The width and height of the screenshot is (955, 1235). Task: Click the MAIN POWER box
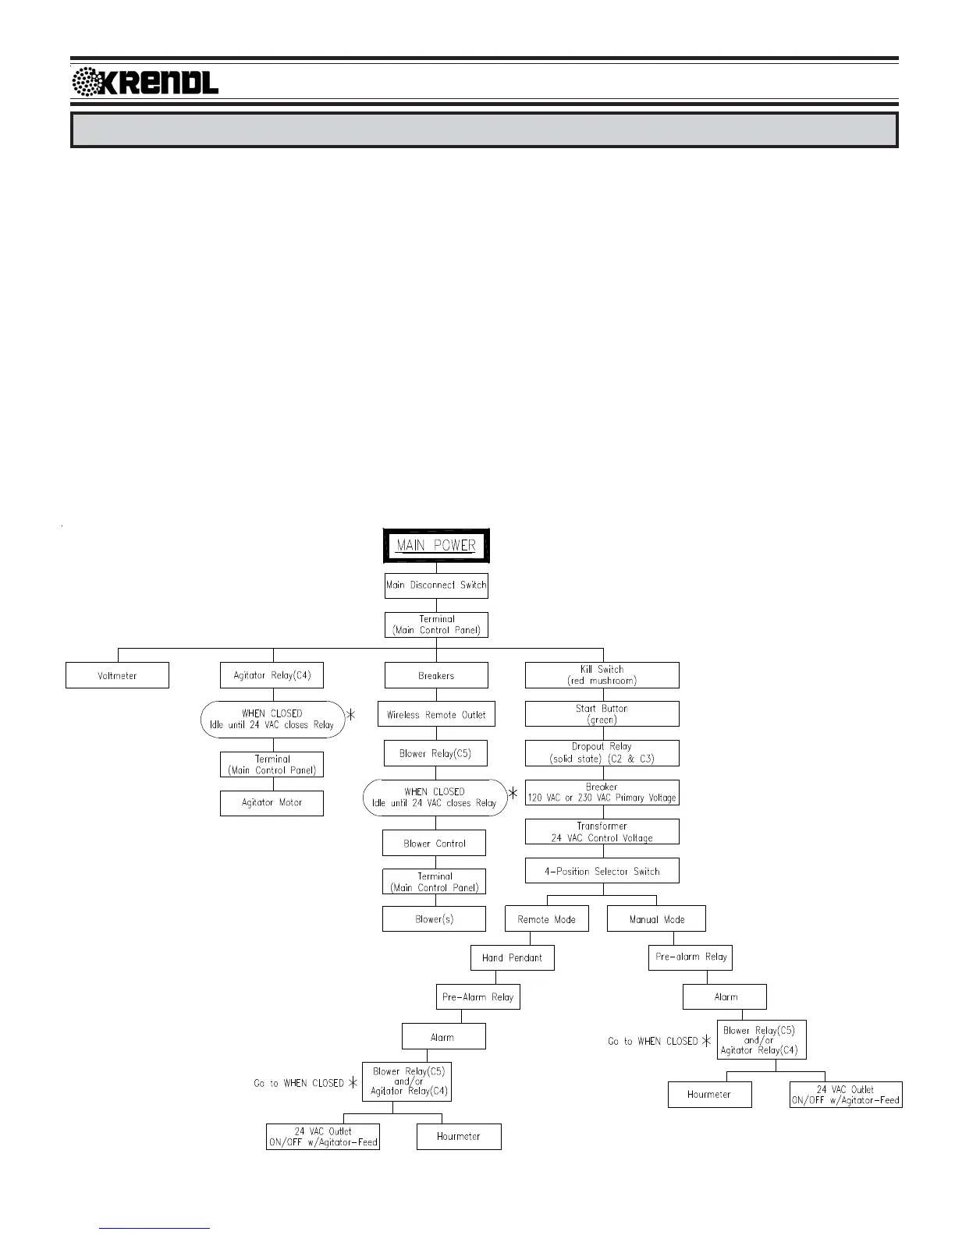click(x=435, y=546)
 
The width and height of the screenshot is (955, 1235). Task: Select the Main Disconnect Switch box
click(x=436, y=585)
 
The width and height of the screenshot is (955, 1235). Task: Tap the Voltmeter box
click(x=117, y=675)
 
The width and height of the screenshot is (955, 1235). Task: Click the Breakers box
click(x=436, y=675)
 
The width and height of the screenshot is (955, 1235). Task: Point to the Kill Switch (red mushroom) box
click(x=602, y=675)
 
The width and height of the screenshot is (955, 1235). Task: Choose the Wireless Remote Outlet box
click(x=436, y=714)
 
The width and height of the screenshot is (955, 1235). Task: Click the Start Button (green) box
click(x=602, y=714)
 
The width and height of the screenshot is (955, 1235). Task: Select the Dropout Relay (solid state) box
click(x=602, y=753)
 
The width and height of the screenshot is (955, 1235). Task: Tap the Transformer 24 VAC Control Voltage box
click(x=602, y=832)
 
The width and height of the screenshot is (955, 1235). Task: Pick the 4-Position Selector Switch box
click(x=602, y=871)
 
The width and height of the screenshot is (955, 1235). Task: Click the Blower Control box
click(x=435, y=843)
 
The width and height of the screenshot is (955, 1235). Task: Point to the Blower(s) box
click(x=434, y=918)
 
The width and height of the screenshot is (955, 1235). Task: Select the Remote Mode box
click(x=546, y=918)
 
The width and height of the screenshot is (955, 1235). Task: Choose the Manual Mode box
click(x=656, y=918)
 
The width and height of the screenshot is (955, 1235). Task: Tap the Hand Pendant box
click(x=512, y=957)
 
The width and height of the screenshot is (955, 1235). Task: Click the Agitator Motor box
click(x=272, y=803)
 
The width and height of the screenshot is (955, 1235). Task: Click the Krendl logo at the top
click(x=145, y=82)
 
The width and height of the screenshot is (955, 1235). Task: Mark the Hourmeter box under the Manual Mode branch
click(x=709, y=1095)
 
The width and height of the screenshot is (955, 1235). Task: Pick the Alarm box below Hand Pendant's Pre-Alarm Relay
click(x=443, y=1037)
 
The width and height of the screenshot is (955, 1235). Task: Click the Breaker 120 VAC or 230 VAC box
click(x=602, y=793)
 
